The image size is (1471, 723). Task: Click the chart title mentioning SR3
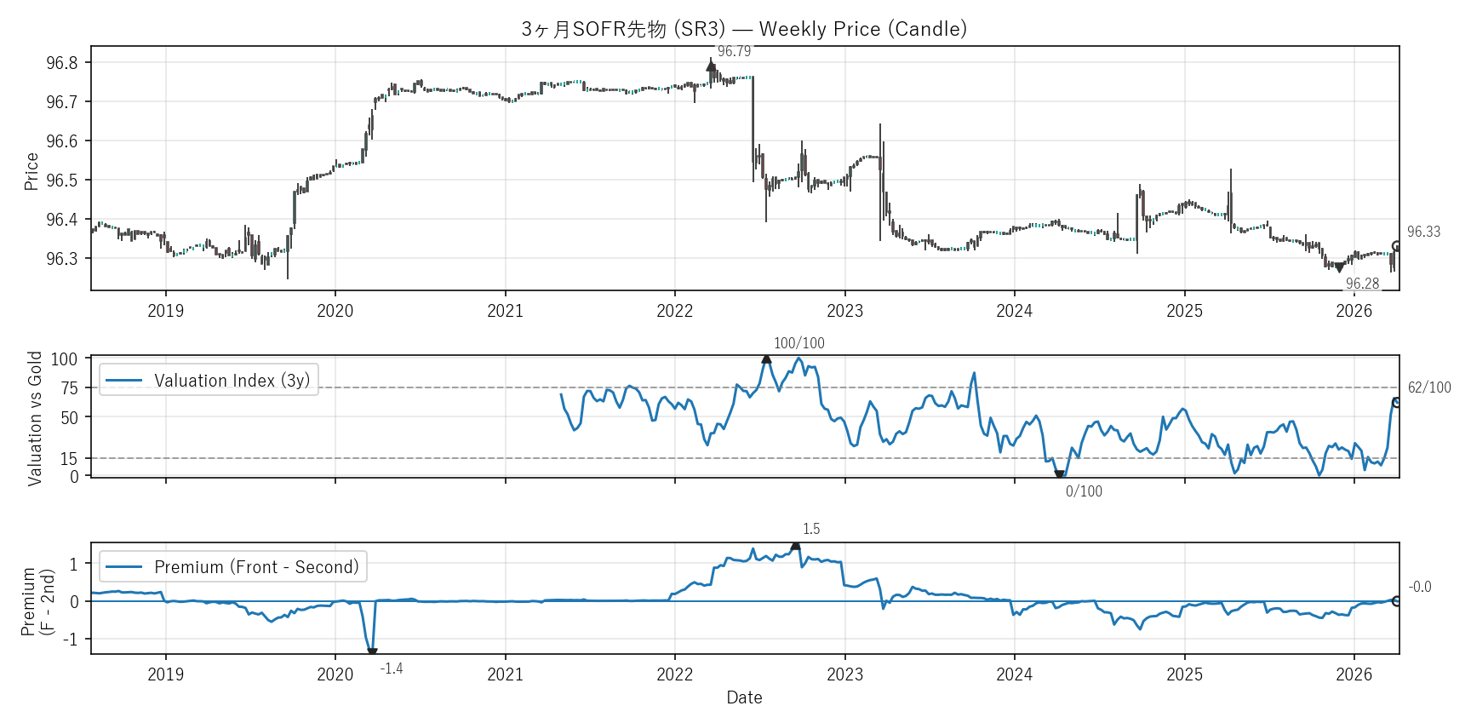[744, 29]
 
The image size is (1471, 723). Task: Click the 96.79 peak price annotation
[734, 51]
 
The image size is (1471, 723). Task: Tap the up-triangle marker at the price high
[711, 66]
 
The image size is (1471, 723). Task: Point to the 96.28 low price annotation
[1362, 284]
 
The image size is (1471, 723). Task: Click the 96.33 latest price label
[1423, 232]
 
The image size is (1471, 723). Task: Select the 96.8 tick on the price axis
[62, 63]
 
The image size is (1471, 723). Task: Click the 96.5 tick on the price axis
[62, 181]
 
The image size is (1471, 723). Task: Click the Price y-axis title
[31, 171]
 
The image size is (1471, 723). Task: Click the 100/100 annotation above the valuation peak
[798, 343]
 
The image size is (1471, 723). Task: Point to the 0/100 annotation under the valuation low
[1084, 491]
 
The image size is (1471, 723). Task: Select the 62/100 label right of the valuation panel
[1429, 387]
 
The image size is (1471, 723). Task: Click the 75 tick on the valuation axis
[69, 388]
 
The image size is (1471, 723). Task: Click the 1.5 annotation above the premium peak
[811, 529]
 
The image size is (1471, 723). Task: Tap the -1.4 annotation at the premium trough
[392, 668]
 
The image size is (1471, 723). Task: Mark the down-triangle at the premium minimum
[372, 652]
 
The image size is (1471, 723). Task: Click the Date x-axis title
[744, 697]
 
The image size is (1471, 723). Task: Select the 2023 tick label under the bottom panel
[844, 674]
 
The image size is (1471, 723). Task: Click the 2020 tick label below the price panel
[335, 311]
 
